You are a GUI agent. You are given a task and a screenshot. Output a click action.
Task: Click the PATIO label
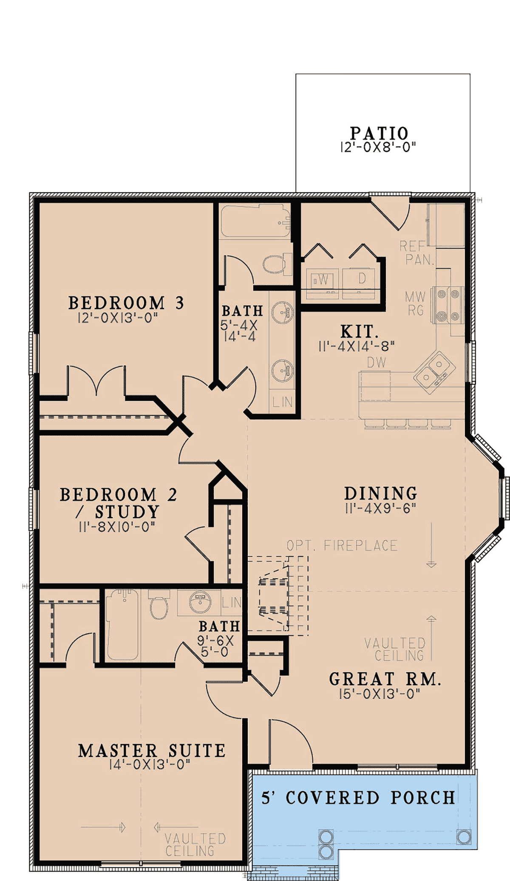click(x=379, y=133)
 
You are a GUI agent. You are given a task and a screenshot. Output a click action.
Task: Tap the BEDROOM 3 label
click(x=126, y=303)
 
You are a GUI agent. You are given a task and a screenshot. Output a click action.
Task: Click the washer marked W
click(x=323, y=280)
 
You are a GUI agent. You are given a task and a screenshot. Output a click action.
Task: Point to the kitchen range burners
click(x=448, y=305)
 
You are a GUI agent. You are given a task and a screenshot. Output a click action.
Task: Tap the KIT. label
click(x=359, y=331)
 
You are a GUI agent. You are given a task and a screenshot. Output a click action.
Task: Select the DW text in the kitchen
click(x=377, y=363)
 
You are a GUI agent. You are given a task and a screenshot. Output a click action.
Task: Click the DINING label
click(x=381, y=493)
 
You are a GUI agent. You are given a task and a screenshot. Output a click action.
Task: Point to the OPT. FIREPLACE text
click(x=342, y=545)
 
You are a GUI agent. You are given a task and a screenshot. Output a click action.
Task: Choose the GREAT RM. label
click(x=385, y=679)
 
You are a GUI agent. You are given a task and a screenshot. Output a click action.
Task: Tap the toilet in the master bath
click(x=159, y=605)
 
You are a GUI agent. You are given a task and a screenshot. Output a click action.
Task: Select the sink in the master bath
click(x=200, y=602)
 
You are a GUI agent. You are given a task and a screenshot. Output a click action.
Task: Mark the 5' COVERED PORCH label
click(x=358, y=798)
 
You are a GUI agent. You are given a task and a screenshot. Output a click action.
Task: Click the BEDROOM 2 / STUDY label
click(x=118, y=503)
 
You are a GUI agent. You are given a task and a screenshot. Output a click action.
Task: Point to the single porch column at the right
click(x=463, y=837)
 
